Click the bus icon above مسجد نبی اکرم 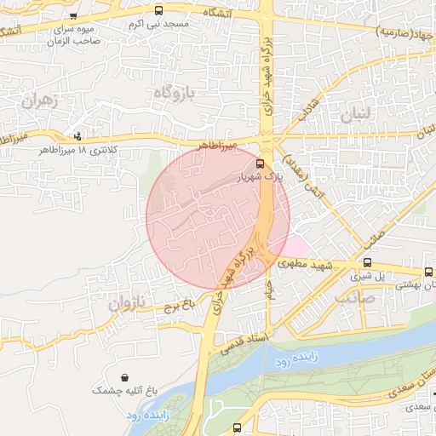[159, 10]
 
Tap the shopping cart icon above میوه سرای [74, 15]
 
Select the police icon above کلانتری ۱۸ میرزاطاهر [78, 135]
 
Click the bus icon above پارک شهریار [260, 163]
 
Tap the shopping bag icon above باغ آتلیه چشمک [125, 377]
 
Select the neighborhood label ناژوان [128, 302]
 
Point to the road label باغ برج [181, 302]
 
